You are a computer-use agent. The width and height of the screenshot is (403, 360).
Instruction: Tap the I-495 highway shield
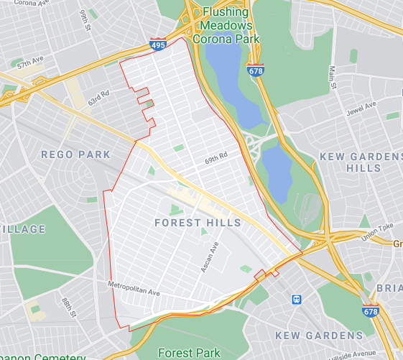pyautogui.click(x=159, y=45)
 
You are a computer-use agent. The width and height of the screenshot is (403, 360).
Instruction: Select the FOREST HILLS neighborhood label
pyautogui.click(x=198, y=223)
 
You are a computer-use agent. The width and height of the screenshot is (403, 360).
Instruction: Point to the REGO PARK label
pyautogui.click(x=75, y=154)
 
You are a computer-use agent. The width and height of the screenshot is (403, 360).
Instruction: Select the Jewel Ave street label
pyautogui.click(x=361, y=106)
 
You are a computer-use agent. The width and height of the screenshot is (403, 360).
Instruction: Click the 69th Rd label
pyautogui.click(x=216, y=157)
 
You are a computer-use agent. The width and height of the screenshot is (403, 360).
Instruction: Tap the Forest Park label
pyautogui.click(x=189, y=353)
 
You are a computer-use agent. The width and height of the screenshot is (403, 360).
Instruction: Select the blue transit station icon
pyautogui.click(x=296, y=298)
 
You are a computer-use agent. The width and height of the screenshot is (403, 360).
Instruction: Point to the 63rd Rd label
pyautogui.click(x=98, y=96)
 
